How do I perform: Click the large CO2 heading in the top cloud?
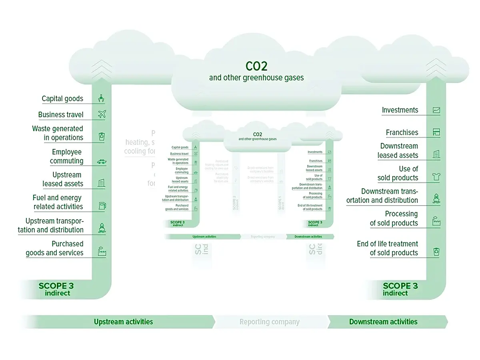(x=256, y=66)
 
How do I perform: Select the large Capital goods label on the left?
(x=62, y=99)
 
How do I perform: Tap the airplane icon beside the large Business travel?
(x=102, y=114)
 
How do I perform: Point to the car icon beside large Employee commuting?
(x=102, y=162)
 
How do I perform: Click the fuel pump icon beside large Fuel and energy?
(x=102, y=206)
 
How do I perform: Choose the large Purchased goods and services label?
(x=55, y=248)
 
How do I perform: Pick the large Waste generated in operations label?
(x=58, y=133)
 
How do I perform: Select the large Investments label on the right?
(x=400, y=110)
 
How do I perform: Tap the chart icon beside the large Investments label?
(x=436, y=110)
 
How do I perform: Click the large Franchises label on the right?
(x=402, y=132)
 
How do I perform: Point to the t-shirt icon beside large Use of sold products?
(x=436, y=176)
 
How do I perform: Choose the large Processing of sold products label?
(x=394, y=218)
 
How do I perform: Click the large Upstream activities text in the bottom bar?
(x=123, y=322)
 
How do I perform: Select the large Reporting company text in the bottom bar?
(x=269, y=322)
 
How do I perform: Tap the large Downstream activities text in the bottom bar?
(x=383, y=322)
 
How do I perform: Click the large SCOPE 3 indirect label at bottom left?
(x=56, y=289)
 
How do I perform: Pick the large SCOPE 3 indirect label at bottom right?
(x=400, y=289)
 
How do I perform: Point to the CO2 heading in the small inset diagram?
(x=257, y=134)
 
